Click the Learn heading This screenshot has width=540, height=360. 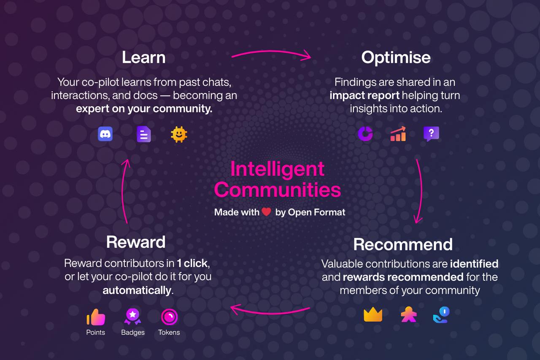(144, 57)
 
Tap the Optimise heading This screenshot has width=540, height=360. (396, 58)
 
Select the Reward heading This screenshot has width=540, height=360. (136, 242)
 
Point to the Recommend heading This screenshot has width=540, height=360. (403, 244)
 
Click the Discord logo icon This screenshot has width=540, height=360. (105, 134)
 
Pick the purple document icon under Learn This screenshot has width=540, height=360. (144, 134)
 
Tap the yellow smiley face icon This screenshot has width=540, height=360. (179, 134)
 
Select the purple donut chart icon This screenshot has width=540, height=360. (365, 134)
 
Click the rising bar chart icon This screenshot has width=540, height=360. (398, 134)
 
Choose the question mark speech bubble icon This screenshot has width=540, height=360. (431, 134)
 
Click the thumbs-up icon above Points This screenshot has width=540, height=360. (96, 317)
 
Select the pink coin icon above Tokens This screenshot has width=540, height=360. (169, 317)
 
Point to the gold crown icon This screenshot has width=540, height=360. (373, 314)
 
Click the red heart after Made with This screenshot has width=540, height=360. (266, 212)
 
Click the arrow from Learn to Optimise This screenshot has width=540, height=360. (271, 51)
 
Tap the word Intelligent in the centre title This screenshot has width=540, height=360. (277, 169)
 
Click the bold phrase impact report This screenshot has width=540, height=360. (364, 95)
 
